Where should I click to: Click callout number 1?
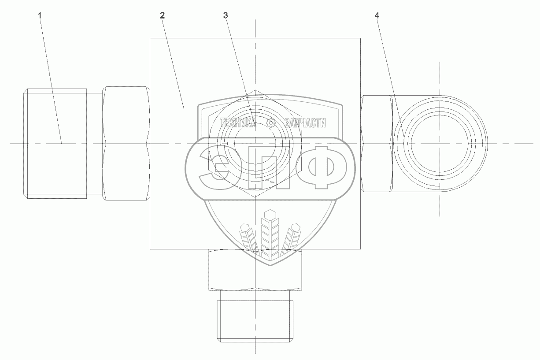[40, 16]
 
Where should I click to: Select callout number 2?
[162, 16]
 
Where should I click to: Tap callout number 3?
[226, 16]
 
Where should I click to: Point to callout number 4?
[377, 16]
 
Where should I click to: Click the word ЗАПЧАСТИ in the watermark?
[305, 123]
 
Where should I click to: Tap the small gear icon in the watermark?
[271, 123]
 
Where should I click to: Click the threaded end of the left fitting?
[55, 144]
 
